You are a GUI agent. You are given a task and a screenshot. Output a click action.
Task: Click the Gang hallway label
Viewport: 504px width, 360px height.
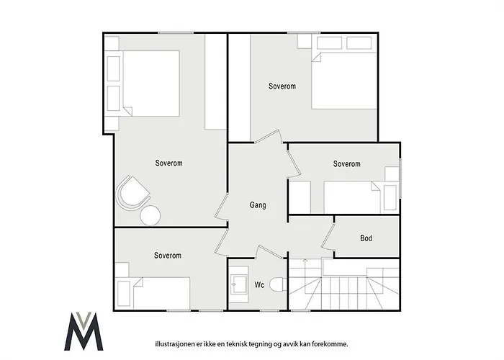point(258,205)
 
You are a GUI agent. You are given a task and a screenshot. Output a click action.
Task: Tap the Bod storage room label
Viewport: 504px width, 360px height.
point(366,238)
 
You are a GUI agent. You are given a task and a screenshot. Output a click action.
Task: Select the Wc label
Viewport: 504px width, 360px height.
point(259,285)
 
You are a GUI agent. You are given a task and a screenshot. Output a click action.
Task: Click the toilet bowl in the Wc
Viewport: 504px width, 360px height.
point(278,285)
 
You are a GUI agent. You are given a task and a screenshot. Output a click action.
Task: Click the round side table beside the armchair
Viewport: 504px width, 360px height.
point(150,215)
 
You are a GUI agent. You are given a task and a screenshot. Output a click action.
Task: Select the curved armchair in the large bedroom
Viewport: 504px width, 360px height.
point(132,193)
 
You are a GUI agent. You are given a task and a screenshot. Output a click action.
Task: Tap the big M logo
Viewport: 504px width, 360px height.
point(84,331)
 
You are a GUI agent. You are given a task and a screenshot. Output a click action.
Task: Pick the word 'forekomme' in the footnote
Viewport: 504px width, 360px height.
point(333,344)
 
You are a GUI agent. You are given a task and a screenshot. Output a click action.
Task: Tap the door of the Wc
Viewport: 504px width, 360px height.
point(269,252)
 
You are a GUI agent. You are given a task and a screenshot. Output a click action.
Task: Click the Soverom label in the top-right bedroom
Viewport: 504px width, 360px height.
point(282,86)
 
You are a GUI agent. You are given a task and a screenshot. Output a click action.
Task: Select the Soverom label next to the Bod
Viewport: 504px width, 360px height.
point(346,164)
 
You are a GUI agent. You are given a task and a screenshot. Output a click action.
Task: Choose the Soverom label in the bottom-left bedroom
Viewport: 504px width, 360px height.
point(168,256)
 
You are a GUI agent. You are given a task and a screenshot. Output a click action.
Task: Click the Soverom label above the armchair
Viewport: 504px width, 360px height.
point(168,163)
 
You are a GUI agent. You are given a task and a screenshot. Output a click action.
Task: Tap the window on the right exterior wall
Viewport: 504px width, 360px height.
point(400,178)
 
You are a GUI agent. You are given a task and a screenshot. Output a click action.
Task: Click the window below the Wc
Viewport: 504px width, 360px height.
point(270,310)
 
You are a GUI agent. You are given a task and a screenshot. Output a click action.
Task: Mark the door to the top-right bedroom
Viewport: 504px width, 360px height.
point(269,136)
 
